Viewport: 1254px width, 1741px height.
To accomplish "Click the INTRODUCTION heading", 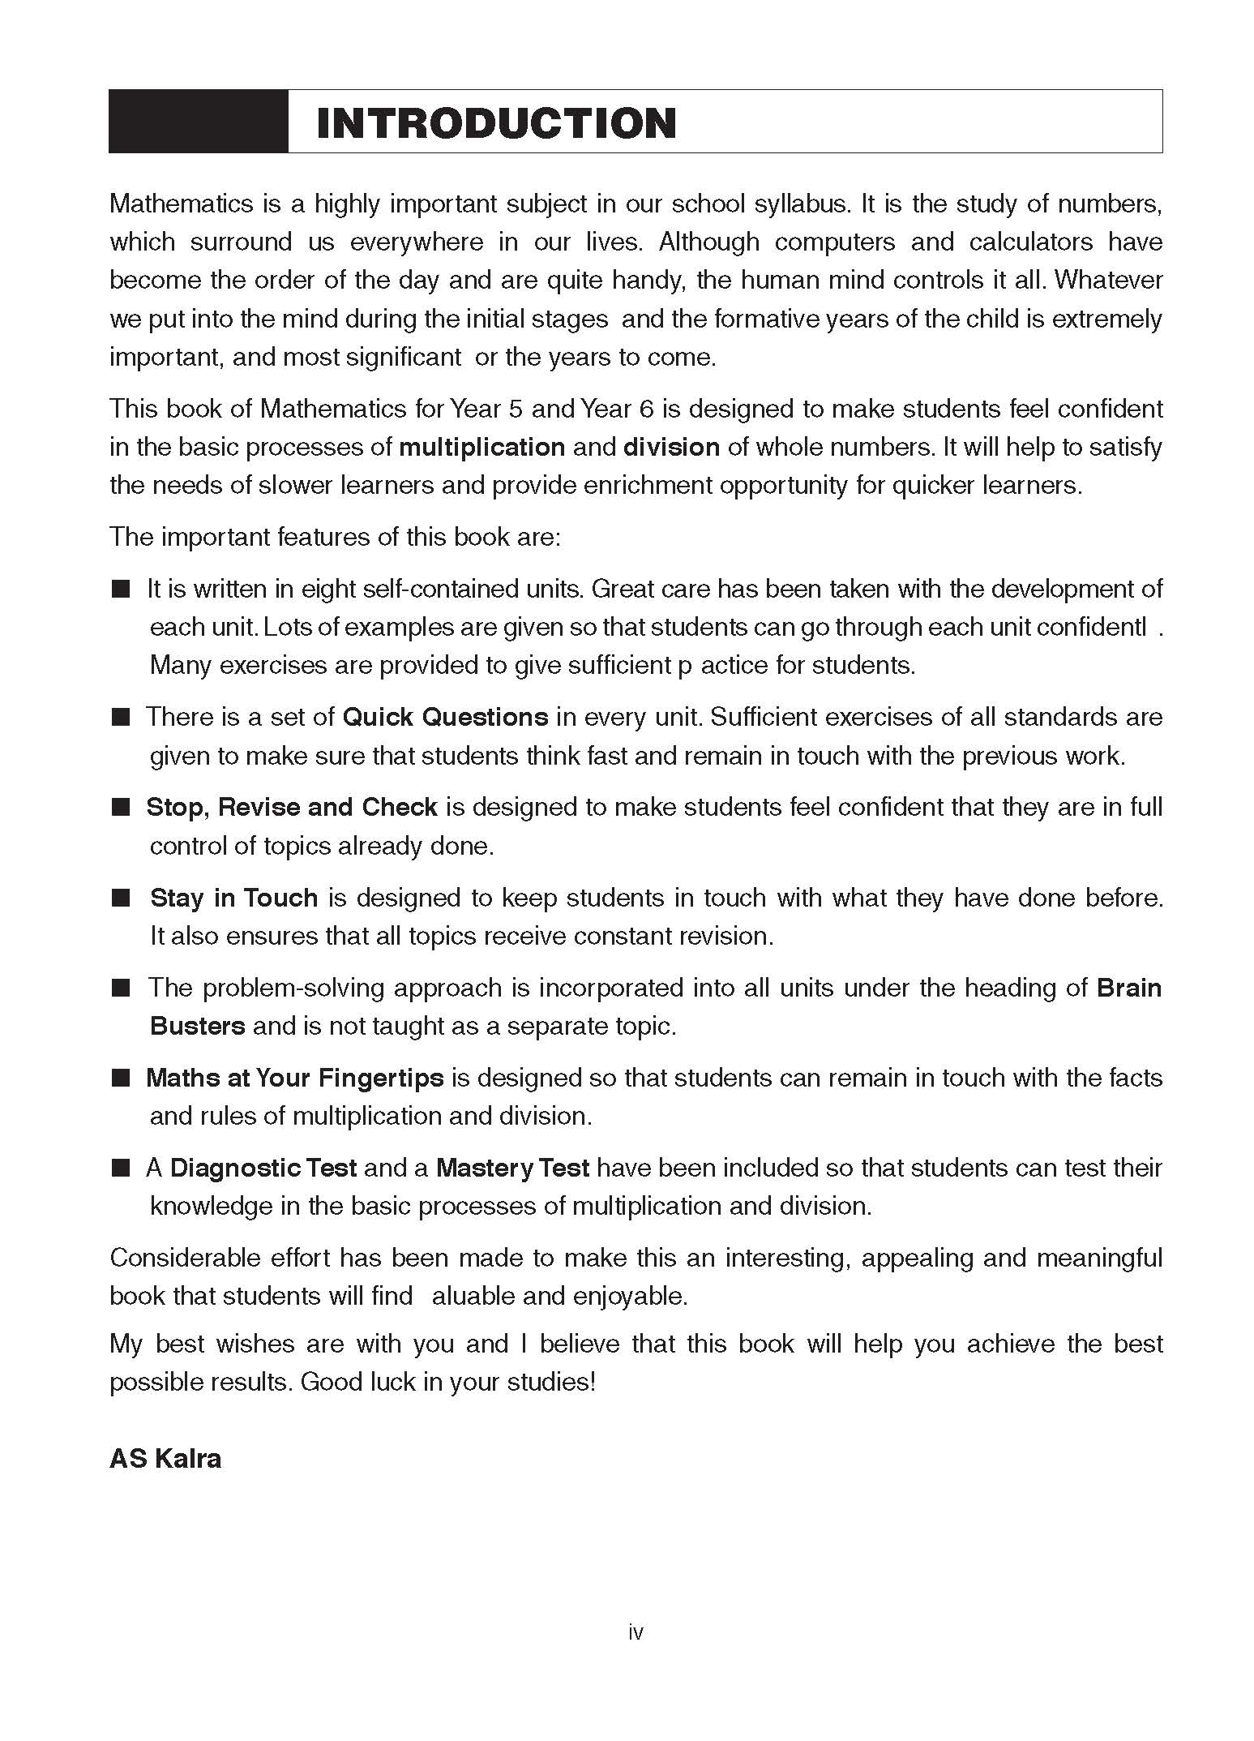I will coord(496,123).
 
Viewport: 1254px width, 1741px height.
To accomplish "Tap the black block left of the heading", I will coord(199,122).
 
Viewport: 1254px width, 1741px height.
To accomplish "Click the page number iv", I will coord(636,1632).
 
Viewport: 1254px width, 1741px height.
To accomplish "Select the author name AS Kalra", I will coord(165,1458).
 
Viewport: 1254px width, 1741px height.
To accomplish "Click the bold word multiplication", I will coord(482,447).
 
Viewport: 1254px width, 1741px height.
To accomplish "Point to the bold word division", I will coord(671,447).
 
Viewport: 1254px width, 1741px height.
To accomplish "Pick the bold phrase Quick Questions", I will coord(446,717).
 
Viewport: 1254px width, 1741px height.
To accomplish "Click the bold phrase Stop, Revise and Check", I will coord(292,807).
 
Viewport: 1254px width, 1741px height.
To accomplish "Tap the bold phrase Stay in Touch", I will coord(233,898).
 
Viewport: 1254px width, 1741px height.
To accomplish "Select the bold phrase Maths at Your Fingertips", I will coord(295,1078).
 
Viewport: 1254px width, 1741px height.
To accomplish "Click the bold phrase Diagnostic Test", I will coord(263,1168).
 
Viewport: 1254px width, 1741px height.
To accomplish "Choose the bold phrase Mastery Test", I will coord(512,1168).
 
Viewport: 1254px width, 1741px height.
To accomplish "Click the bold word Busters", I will coord(198,1026).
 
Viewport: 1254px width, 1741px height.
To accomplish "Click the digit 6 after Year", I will coord(646,409).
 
